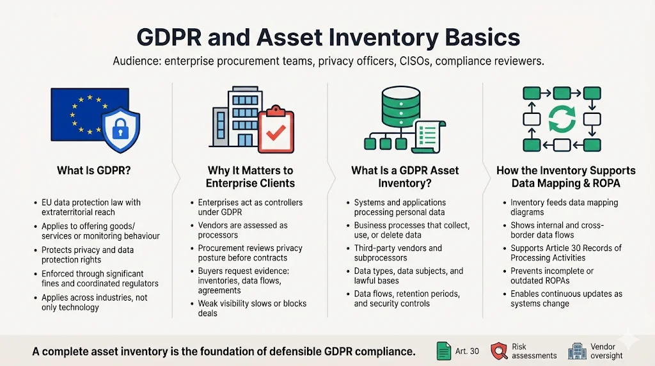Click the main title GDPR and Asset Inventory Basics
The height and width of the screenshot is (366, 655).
[x=327, y=37]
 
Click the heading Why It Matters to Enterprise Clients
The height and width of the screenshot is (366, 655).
[x=250, y=177]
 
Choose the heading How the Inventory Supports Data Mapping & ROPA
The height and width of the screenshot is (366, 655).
[x=565, y=177]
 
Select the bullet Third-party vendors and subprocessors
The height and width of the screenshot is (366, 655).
[x=398, y=253]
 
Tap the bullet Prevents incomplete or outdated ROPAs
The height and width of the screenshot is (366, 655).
[x=551, y=276]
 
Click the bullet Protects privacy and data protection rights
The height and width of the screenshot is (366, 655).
[x=88, y=255]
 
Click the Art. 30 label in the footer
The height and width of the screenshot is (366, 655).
[x=467, y=351]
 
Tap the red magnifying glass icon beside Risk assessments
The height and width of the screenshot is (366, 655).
[x=499, y=351]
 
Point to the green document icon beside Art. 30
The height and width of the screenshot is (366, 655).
[x=443, y=351]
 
